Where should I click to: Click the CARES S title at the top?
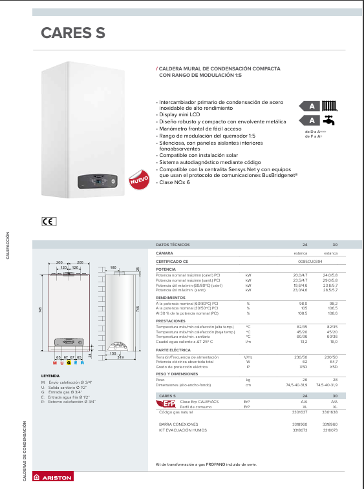coord(72,33)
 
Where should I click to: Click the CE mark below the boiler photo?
coord(49,221)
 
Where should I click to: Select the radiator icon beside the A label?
coord(329,105)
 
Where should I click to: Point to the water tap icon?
coord(329,120)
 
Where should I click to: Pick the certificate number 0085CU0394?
coord(310,262)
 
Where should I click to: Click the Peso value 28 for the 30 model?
coord(335,379)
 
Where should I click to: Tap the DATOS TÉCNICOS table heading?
coord(173,245)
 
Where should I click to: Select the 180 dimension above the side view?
coord(112,267)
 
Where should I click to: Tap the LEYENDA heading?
coord(50,375)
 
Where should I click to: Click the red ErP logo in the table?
coord(165,404)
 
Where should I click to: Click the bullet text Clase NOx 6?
coord(175,183)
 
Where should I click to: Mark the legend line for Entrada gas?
coord(61,392)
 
